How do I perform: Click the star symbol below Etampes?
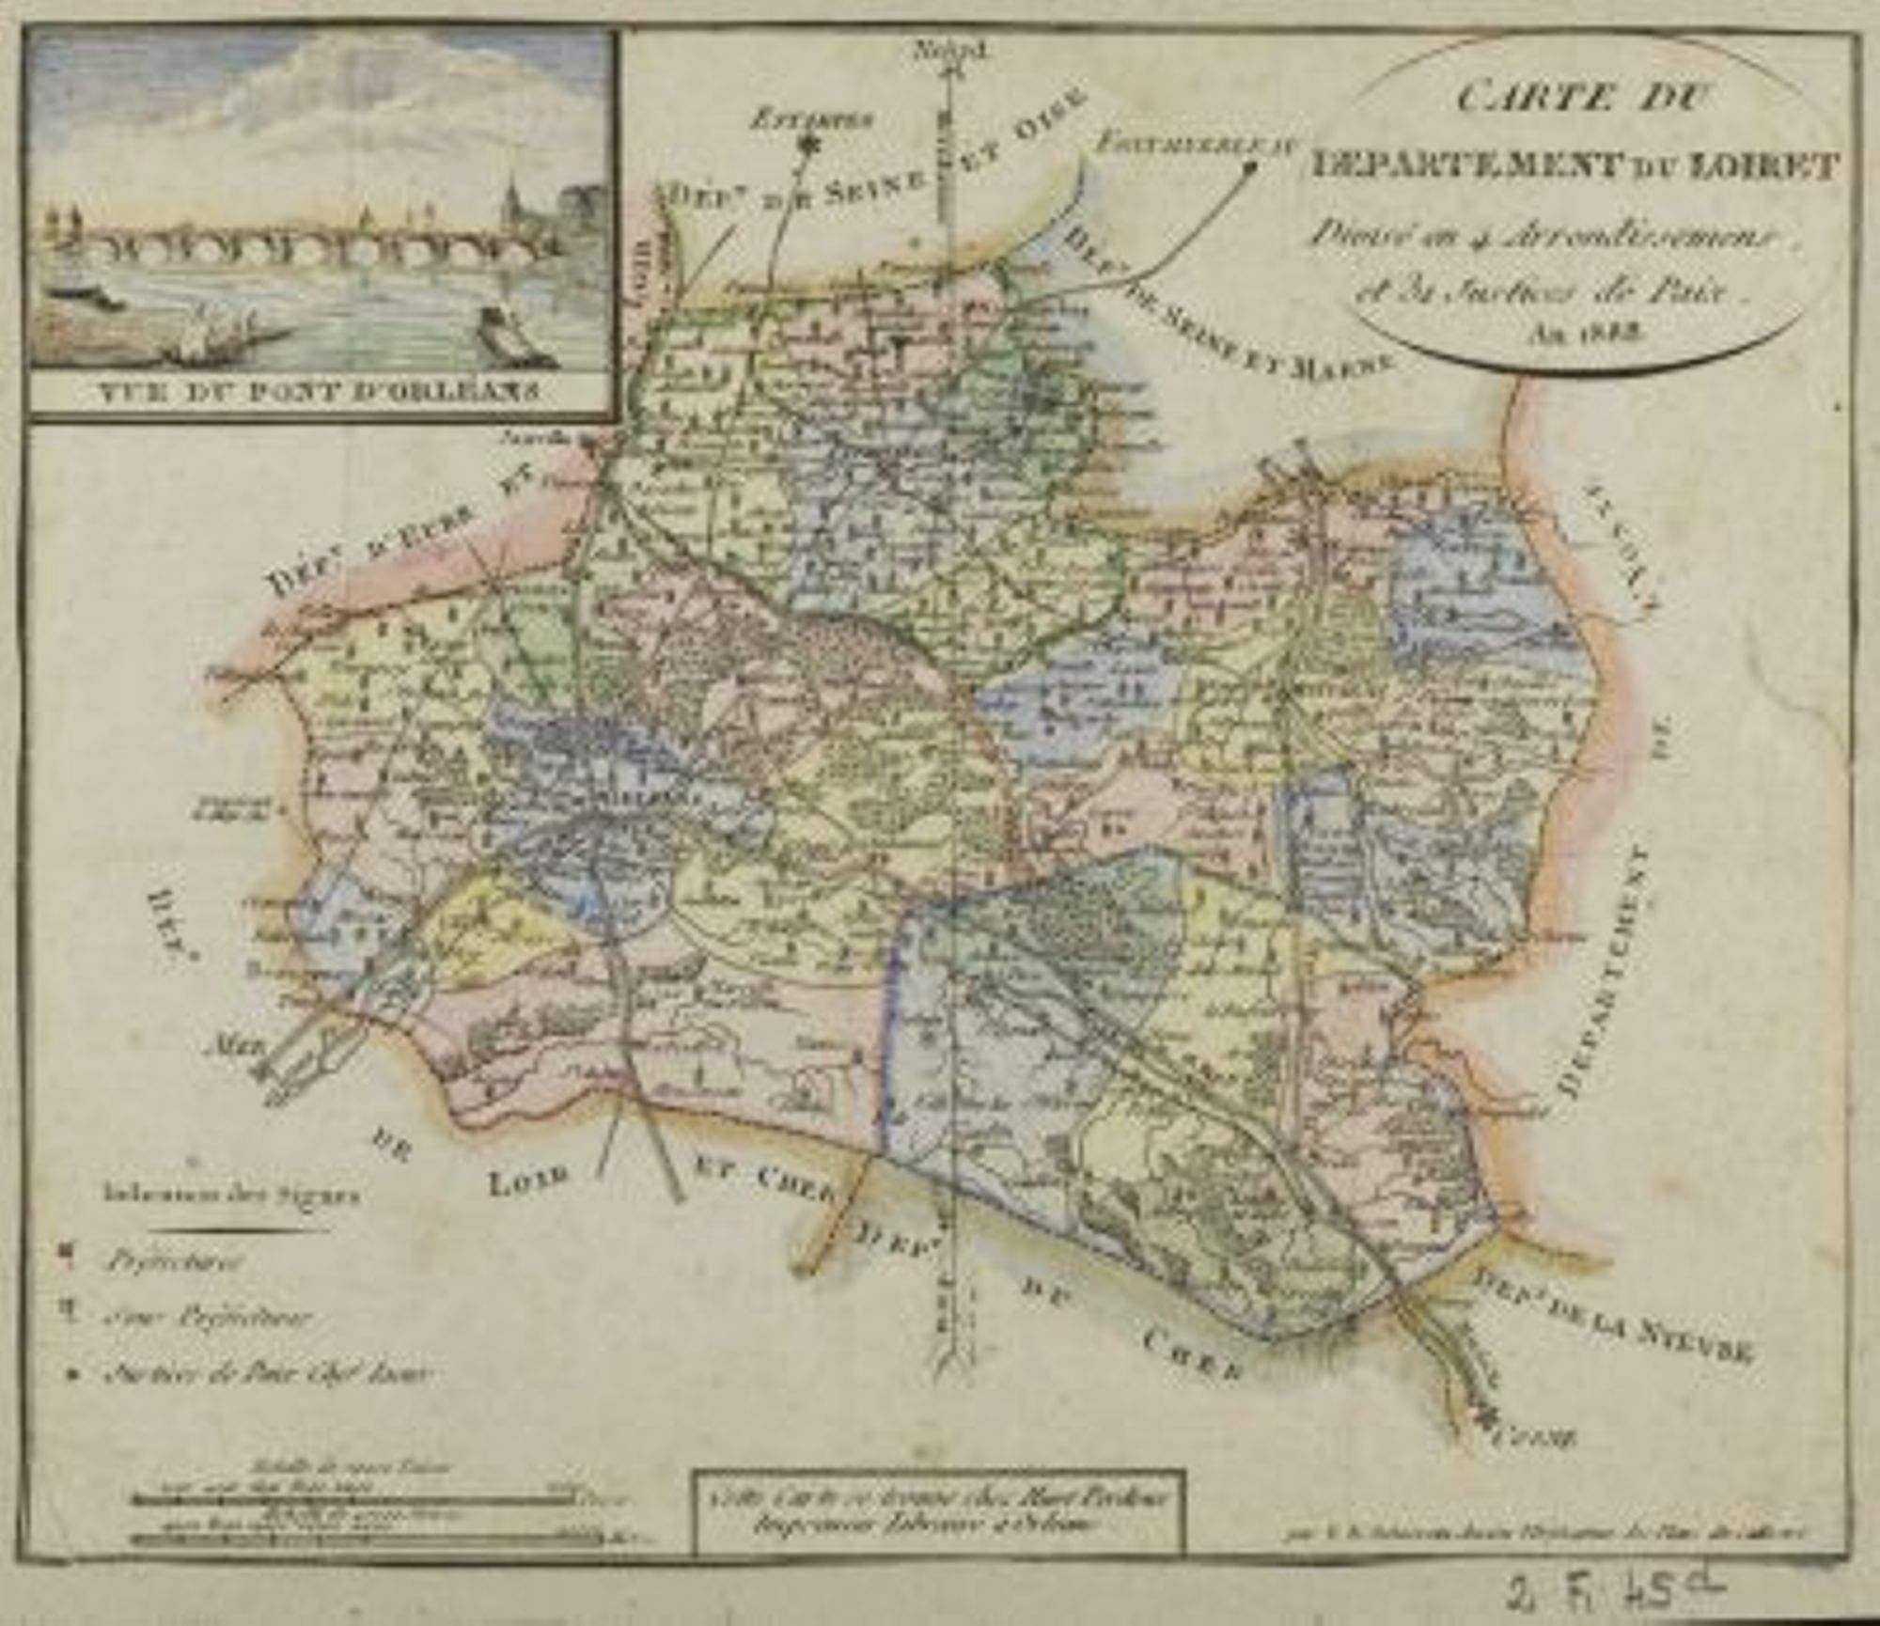[806, 143]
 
